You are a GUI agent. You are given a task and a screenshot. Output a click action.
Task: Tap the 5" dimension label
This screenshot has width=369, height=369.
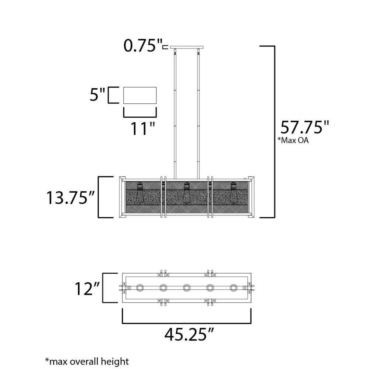click(97, 94)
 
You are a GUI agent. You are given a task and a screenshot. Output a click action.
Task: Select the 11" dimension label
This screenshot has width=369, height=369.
click(143, 128)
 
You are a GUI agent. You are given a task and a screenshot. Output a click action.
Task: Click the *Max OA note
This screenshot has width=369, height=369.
click(293, 140)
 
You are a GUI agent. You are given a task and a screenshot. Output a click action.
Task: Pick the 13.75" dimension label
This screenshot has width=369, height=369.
click(70, 197)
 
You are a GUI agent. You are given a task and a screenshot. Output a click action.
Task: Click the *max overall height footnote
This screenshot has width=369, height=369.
click(87, 362)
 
